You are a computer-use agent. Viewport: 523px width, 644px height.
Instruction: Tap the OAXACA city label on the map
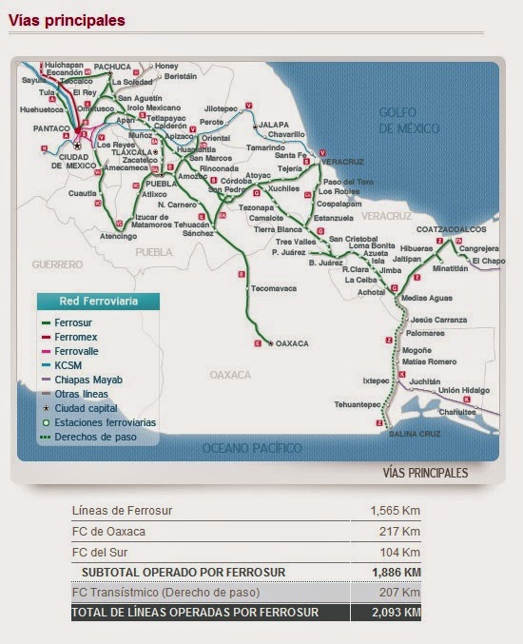[x=293, y=342]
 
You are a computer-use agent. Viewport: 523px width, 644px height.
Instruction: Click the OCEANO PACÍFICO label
[x=252, y=447]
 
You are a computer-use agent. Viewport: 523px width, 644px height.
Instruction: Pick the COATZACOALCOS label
[x=451, y=229]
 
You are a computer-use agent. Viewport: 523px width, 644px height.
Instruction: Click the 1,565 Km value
[x=395, y=511]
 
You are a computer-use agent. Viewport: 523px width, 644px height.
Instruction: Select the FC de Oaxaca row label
[x=109, y=531]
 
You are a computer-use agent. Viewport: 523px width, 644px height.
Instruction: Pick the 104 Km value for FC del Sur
[x=399, y=552]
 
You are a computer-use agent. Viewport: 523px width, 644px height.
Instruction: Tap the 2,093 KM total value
[x=395, y=613]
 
